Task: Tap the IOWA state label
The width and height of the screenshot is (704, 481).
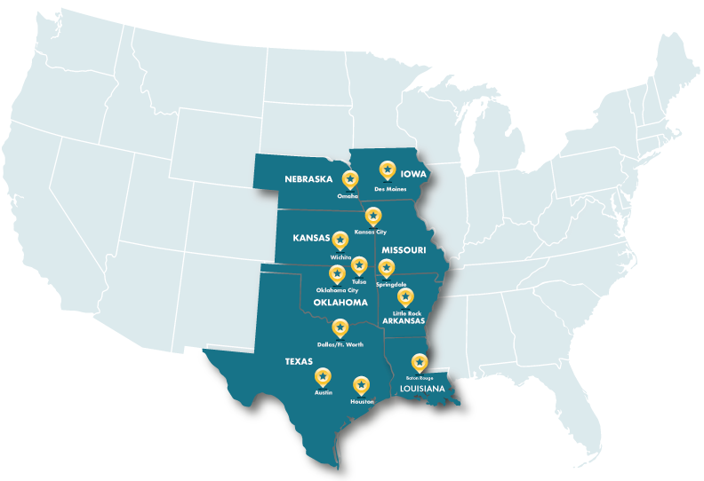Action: (x=413, y=174)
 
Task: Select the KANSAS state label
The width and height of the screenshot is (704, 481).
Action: (x=311, y=238)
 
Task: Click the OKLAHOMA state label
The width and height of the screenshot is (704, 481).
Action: (x=340, y=303)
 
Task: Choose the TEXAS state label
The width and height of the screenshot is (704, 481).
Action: (x=299, y=361)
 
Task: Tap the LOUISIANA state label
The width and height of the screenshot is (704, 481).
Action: (x=422, y=389)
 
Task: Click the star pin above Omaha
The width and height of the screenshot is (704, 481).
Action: (x=350, y=179)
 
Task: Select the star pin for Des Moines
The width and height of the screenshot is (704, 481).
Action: (x=387, y=169)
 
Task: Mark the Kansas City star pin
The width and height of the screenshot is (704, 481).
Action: (x=373, y=216)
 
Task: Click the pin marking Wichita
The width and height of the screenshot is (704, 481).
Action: (x=340, y=240)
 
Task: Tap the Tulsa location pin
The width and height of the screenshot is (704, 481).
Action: (x=359, y=264)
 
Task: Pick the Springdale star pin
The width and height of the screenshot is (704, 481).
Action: (x=386, y=267)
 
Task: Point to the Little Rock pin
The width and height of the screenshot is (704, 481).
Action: (x=405, y=296)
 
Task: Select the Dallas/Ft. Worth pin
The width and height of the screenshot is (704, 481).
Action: (x=340, y=327)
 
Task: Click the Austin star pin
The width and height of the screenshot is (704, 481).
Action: (x=323, y=376)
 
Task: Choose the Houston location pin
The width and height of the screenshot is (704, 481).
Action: (x=361, y=385)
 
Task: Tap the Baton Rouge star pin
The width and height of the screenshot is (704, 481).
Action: (x=419, y=362)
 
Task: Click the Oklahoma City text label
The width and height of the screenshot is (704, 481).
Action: (x=337, y=290)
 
